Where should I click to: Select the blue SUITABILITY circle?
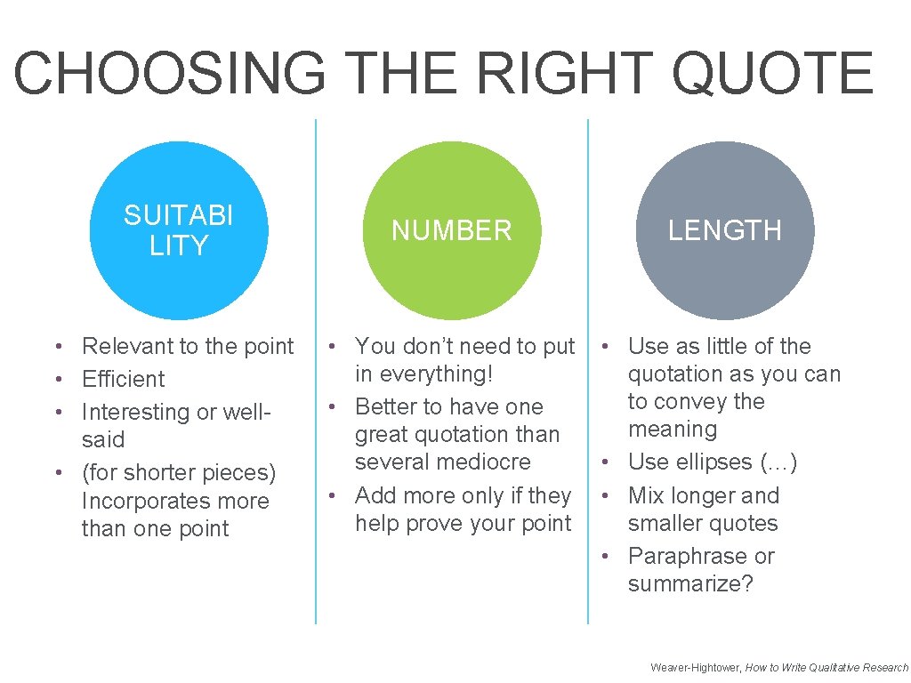(x=179, y=230)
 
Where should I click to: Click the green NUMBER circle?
(x=452, y=230)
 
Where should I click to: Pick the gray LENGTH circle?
(x=725, y=230)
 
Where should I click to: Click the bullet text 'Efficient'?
(x=124, y=379)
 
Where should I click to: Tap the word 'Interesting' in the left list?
(x=136, y=412)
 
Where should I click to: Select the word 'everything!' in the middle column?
(x=423, y=374)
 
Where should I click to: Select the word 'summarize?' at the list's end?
(x=690, y=583)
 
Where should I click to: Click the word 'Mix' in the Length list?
(x=647, y=495)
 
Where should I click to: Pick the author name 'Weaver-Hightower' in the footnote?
(x=695, y=667)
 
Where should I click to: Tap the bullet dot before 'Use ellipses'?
(x=604, y=463)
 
